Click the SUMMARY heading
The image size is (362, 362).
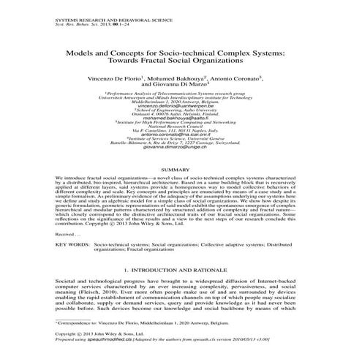(180, 171)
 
